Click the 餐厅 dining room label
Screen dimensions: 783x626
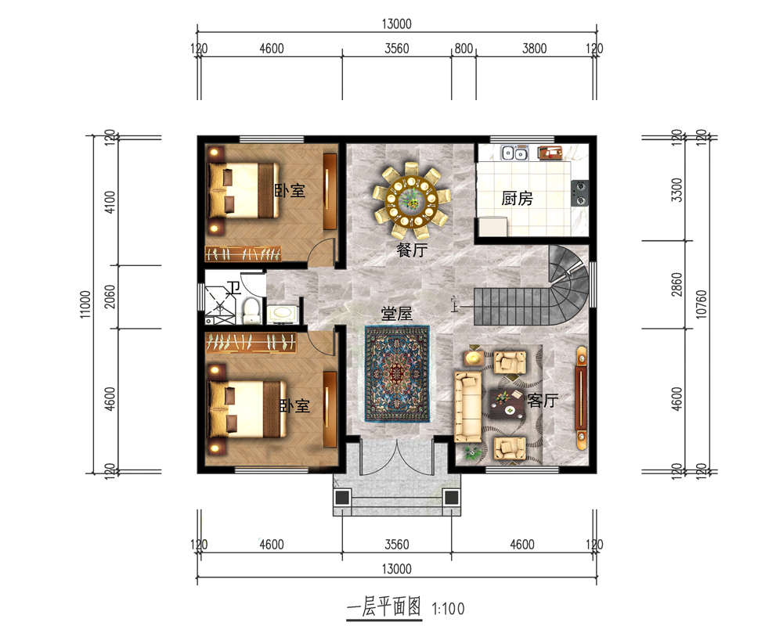click(412, 250)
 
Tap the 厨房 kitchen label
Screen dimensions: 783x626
click(517, 198)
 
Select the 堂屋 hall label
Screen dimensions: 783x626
click(396, 314)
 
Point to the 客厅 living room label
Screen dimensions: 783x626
click(543, 400)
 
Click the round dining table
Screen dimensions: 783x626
click(412, 200)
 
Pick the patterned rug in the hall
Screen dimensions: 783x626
click(397, 374)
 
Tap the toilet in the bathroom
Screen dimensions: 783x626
click(251, 310)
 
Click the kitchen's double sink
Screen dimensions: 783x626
click(515, 153)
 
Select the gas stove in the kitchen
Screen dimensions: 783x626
click(579, 193)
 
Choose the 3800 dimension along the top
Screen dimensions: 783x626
click(534, 49)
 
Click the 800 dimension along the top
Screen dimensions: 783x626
click(464, 49)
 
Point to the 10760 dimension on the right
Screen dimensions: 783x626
click(701, 304)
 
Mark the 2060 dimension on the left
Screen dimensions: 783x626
click(110, 297)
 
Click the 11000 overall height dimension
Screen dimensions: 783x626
click(85, 304)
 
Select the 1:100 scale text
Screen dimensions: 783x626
click(448, 609)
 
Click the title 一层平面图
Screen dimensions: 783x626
click(384, 607)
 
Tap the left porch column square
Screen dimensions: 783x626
click(343, 497)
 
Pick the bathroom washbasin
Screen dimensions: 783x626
click(283, 314)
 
